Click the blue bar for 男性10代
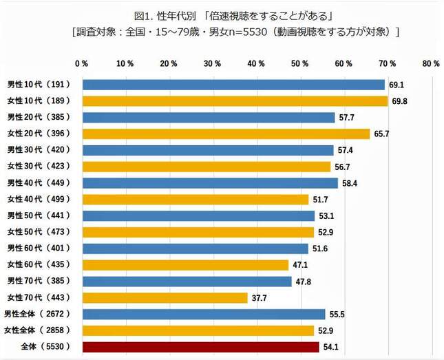(x=233, y=85)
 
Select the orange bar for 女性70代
(x=165, y=297)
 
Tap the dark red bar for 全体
(x=201, y=347)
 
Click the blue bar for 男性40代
(x=210, y=183)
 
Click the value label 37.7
(x=260, y=297)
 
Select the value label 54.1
(x=331, y=347)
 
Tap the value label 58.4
(x=350, y=183)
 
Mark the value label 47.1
(x=301, y=265)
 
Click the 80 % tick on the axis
(x=431, y=63)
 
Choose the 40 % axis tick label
(x=256, y=63)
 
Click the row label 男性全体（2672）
(x=40, y=314)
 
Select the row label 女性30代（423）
(x=39, y=167)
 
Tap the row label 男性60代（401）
(x=39, y=248)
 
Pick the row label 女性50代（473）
(x=39, y=232)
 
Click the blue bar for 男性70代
(x=187, y=282)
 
